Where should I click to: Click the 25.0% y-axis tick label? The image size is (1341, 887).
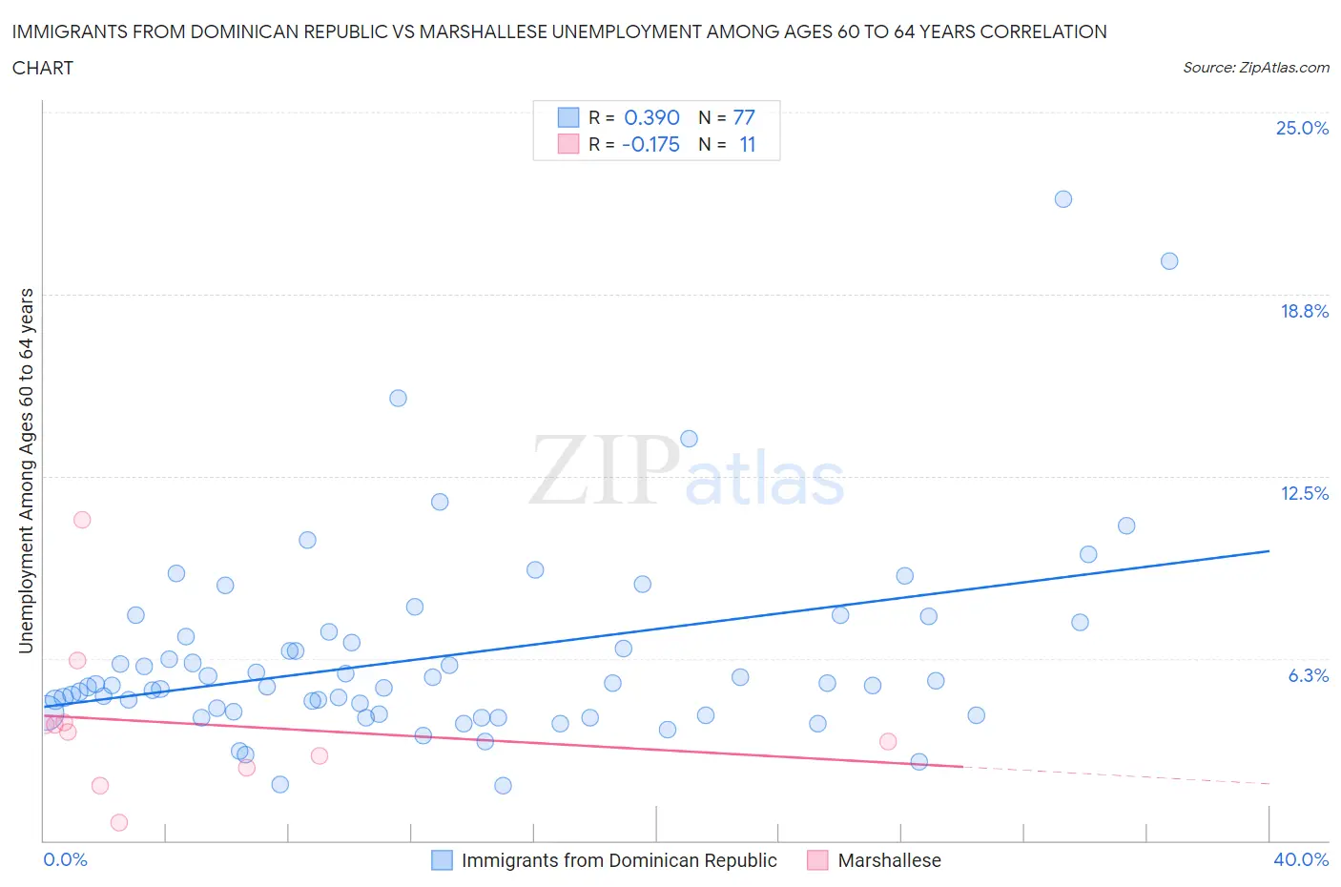tap(1302, 128)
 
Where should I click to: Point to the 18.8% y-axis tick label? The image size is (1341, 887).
tap(1304, 311)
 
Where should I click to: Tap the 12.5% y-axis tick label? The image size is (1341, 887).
tap(1304, 493)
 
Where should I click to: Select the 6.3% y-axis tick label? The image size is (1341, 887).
tap(1308, 675)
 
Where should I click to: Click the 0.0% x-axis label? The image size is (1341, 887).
tap(65, 859)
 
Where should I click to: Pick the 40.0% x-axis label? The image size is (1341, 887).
tap(1301, 859)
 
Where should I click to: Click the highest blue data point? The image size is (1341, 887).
tap(1063, 199)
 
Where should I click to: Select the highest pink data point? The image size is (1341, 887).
tap(82, 520)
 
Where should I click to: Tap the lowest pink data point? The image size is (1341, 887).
tap(119, 822)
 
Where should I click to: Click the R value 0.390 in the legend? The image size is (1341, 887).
tap(651, 117)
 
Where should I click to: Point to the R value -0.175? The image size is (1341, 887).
tap(650, 144)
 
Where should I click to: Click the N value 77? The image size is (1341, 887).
tap(744, 117)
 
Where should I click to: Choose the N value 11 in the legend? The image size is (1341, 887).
tap(747, 144)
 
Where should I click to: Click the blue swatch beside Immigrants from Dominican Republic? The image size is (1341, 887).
tap(442, 860)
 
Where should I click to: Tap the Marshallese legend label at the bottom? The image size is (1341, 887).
tap(889, 860)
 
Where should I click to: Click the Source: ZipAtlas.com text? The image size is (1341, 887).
tap(1255, 68)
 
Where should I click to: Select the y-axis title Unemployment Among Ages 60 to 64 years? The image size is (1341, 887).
tap(27, 470)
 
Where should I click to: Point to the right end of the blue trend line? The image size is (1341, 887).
tap(1269, 551)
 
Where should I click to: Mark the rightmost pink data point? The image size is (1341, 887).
tap(888, 741)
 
